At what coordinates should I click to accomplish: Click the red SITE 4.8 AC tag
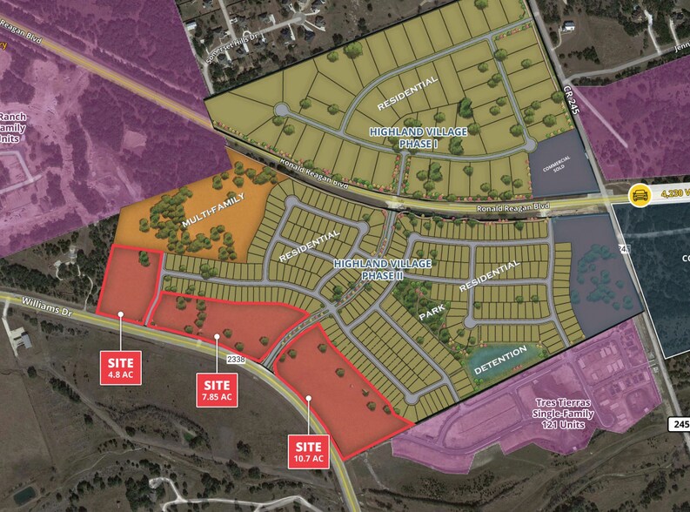click(x=121, y=365)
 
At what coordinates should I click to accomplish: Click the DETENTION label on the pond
click(x=501, y=360)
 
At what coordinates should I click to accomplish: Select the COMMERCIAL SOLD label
click(x=557, y=163)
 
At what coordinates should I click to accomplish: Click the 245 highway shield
click(x=680, y=424)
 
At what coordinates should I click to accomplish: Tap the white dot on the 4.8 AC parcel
click(x=121, y=314)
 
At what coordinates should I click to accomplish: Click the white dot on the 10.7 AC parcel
click(x=308, y=399)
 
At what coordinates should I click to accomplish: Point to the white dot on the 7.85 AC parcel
click(x=217, y=335)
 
